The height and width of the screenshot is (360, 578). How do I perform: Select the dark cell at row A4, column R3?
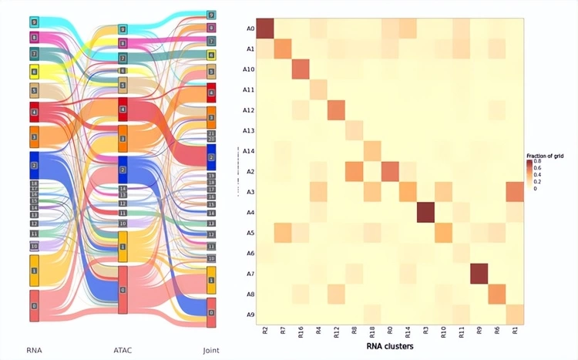pyautogui.click(x=425, y=212)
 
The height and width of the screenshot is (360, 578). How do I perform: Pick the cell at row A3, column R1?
pyautogui.click(x=515, y=191)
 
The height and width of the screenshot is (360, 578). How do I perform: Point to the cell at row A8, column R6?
pyautogui.click(x=497, y=294)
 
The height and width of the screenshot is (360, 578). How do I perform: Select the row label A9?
pyautogui.click(x=250, y=314)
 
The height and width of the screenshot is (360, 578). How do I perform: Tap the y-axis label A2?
pyautogui.click(x=250, y=172)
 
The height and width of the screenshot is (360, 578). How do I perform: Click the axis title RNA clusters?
pyautogui.click(x=389, y=347)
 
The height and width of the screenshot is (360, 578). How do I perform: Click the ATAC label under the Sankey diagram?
pyautogui.click(x=123, y=351)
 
